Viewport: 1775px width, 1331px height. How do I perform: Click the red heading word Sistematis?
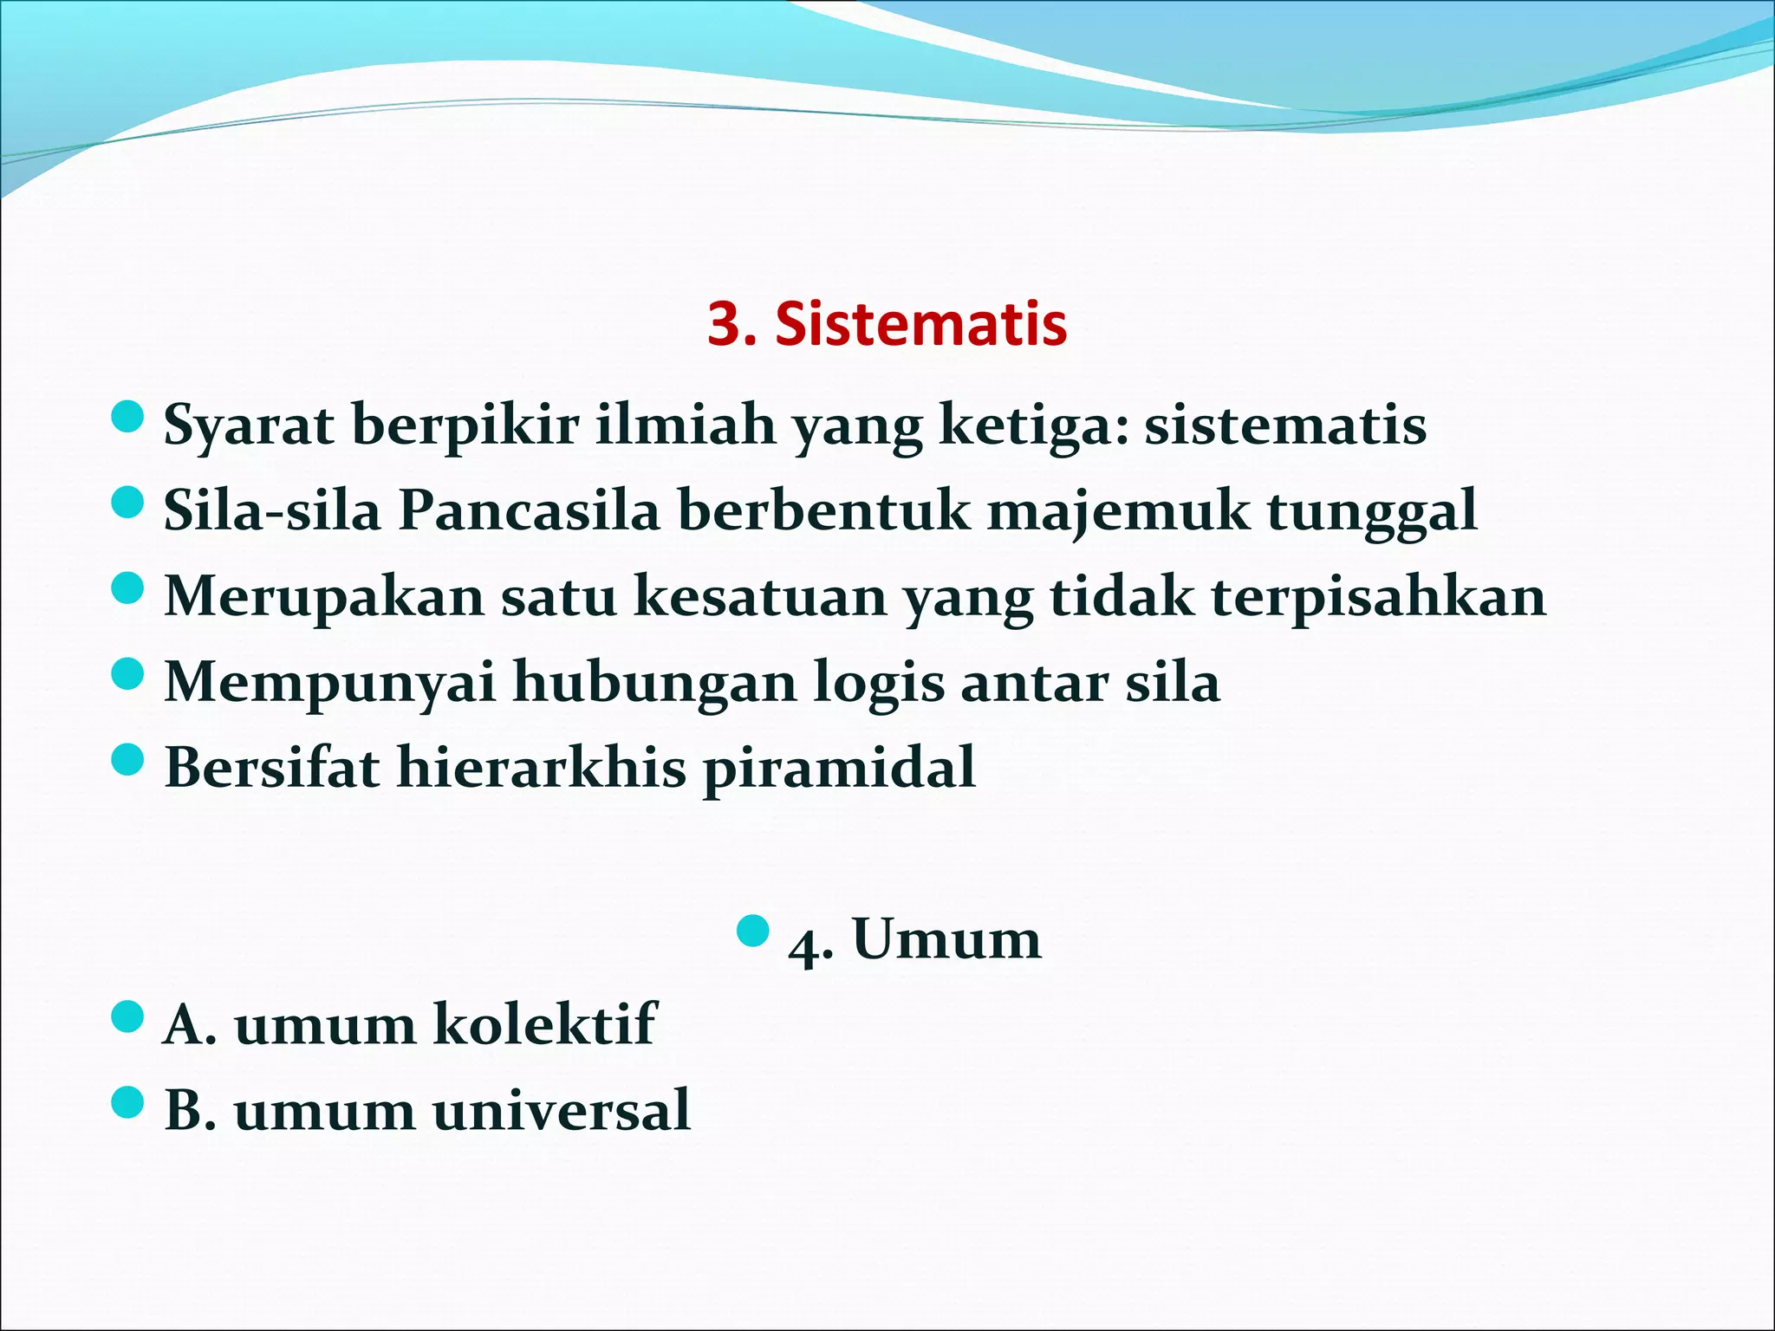[920, 324]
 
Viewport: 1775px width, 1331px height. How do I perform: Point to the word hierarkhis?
[541, 767]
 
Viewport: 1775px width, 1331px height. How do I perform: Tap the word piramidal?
[839, 767]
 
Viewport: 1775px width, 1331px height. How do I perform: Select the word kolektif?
[544, 1024]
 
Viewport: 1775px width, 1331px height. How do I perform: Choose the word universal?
[562, 1110]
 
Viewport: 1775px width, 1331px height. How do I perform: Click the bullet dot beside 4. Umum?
[752, 931]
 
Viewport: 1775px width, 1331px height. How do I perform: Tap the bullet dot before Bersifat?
[127, 760]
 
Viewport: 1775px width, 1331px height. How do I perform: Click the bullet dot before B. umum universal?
[127, 1102]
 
